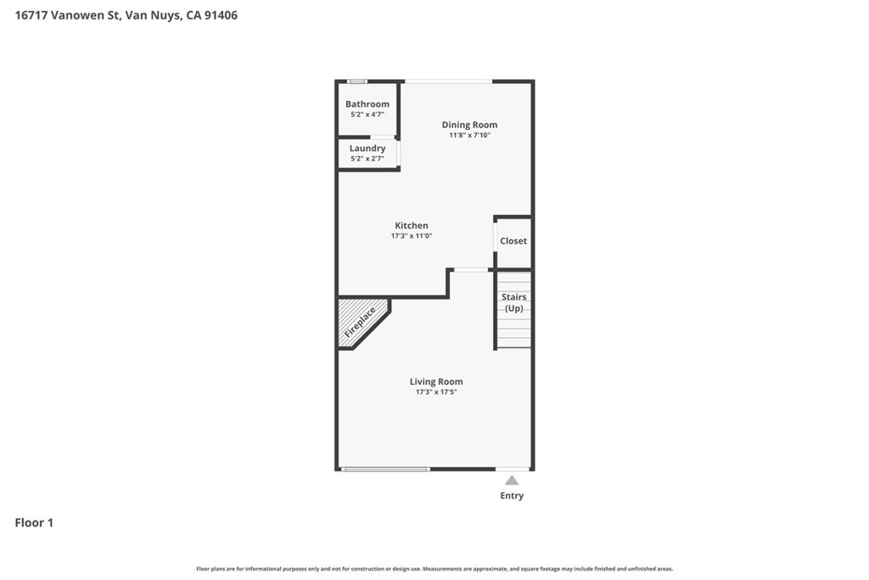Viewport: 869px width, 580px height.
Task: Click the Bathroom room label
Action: coord(367,104)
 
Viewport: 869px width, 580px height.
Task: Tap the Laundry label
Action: coord(367,148)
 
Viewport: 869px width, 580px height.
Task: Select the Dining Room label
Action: coord(469,125)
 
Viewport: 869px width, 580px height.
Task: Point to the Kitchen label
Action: coord(412,225)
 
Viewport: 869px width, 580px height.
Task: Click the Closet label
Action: coord(513,240)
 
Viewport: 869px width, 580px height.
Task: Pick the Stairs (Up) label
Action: coord(513,303)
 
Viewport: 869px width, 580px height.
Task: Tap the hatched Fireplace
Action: coord(360,323)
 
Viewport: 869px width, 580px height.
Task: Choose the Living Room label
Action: coord(436,381)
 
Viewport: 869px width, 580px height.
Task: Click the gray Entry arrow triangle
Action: coord(512,480)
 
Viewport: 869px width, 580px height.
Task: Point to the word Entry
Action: coord(512,496)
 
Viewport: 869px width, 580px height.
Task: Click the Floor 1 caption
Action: coord(34,522)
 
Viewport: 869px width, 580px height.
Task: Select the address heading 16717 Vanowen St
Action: coord(67,15)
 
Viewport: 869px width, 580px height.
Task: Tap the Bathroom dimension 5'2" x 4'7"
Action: coord(367,115)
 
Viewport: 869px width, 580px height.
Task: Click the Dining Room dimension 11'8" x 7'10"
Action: coord(469,135)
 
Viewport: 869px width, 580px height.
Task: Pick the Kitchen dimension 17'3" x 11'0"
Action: coord(412,236)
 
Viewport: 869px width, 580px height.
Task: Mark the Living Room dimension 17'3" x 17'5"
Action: coord(436,392)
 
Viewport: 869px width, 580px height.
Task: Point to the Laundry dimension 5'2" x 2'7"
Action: coord(367,159)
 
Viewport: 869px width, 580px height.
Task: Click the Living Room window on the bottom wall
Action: coord(385,470)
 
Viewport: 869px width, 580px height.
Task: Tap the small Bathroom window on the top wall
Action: coord(357,82)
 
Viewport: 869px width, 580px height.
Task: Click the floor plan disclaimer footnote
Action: coord(434,569)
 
